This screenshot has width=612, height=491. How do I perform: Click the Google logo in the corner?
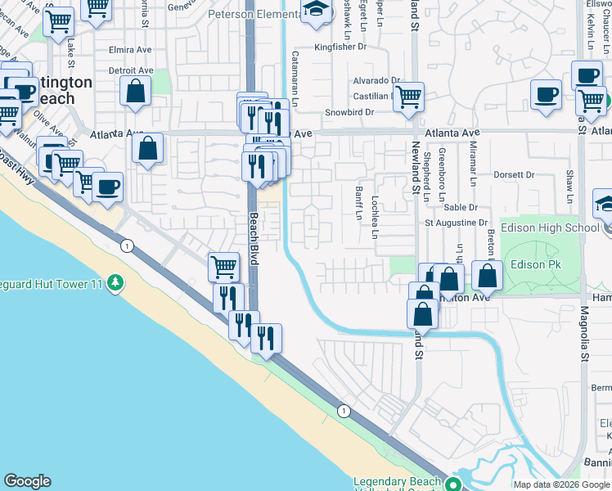(x=27, y=481)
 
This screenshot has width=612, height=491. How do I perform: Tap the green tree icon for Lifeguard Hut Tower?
(x=116, y=283)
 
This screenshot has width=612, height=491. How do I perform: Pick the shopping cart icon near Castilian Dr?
(x=407, y=97)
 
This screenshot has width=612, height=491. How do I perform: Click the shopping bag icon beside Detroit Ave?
(x=136, y=91)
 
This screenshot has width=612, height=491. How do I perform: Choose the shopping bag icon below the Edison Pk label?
(x=487, y=276)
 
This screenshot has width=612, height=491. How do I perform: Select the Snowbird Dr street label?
(x=349, y=112)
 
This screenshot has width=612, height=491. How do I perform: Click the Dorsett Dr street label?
(x=513, y=174)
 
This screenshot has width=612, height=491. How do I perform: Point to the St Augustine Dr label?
(x=455, y=223)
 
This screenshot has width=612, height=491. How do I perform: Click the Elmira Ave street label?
(x=131, y=50)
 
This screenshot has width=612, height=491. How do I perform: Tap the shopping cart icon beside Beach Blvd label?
(x=223, y=266)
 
